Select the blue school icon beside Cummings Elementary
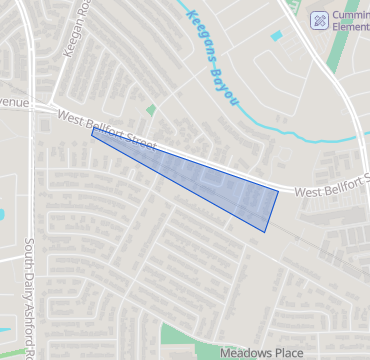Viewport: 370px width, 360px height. pyautogui.click(x=320, y=19)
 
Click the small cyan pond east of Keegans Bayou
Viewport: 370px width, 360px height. pyautogui.click(x=276, y=36)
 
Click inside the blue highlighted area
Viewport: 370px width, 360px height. pyautogui.click(x=220, y=190)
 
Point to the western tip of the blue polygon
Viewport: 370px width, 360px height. pyautogui.click(x=92, y=131)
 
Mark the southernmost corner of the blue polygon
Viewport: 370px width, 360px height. pyautogui.click(x=265, y=232)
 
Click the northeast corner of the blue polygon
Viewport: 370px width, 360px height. pyautogui.click(x=278, y=190)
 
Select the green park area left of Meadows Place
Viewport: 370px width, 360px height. pyautogui.click(x=185, y=340)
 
